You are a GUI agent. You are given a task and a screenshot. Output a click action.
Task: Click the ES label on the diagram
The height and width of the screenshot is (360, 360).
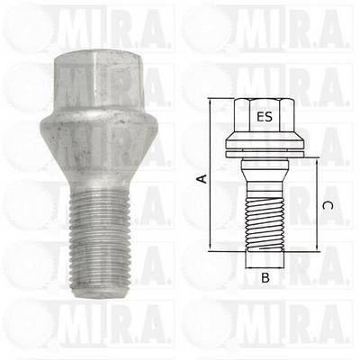265,116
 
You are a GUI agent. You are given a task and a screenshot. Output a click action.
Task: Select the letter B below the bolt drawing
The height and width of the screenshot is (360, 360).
265,278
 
